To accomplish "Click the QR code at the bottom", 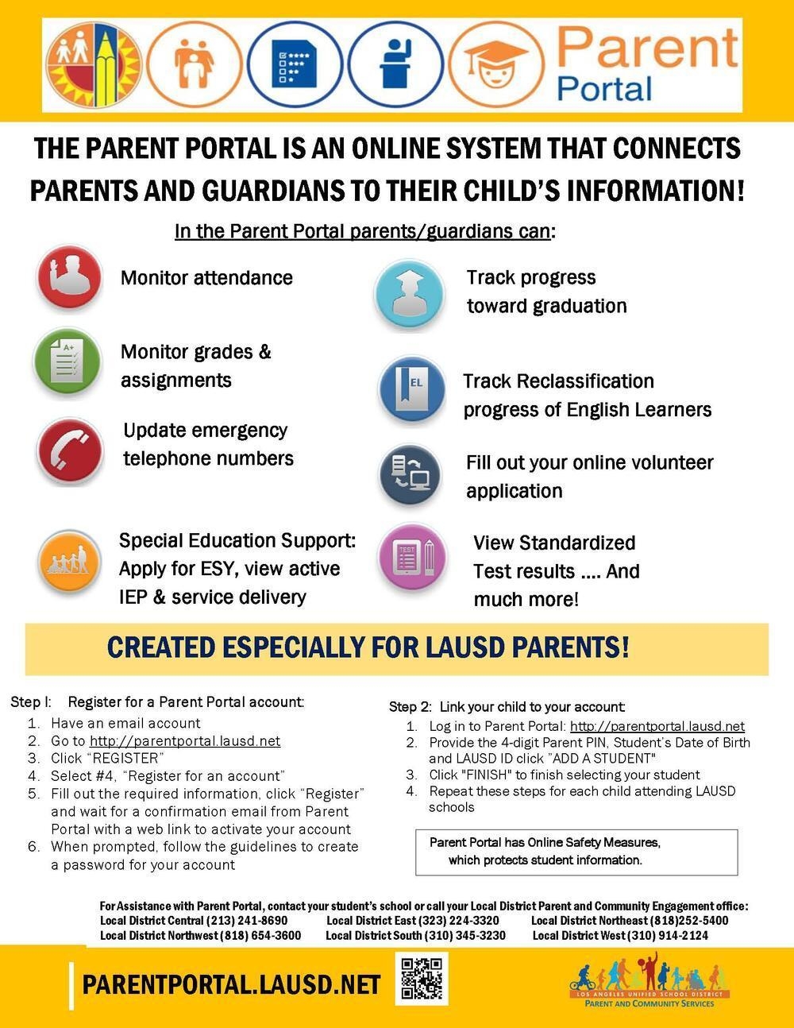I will click(421, 979).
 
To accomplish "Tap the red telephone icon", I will click(70, 450).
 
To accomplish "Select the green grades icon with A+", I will click(67, 361).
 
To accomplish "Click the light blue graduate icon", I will click(409, 293).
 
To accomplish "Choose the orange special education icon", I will click(70, 562).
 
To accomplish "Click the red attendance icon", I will click(70, 277).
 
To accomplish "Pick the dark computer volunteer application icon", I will click(410, 474).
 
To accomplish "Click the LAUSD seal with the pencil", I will click(93, 65).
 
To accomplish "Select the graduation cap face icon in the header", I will click(495, 65).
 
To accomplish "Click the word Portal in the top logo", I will click(604, 87).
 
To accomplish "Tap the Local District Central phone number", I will click(246, 921).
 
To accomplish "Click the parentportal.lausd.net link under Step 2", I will click(657, 726).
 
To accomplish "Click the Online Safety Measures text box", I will click(576, 852).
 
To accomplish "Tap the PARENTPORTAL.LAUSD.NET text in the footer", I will click(231, 985).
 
